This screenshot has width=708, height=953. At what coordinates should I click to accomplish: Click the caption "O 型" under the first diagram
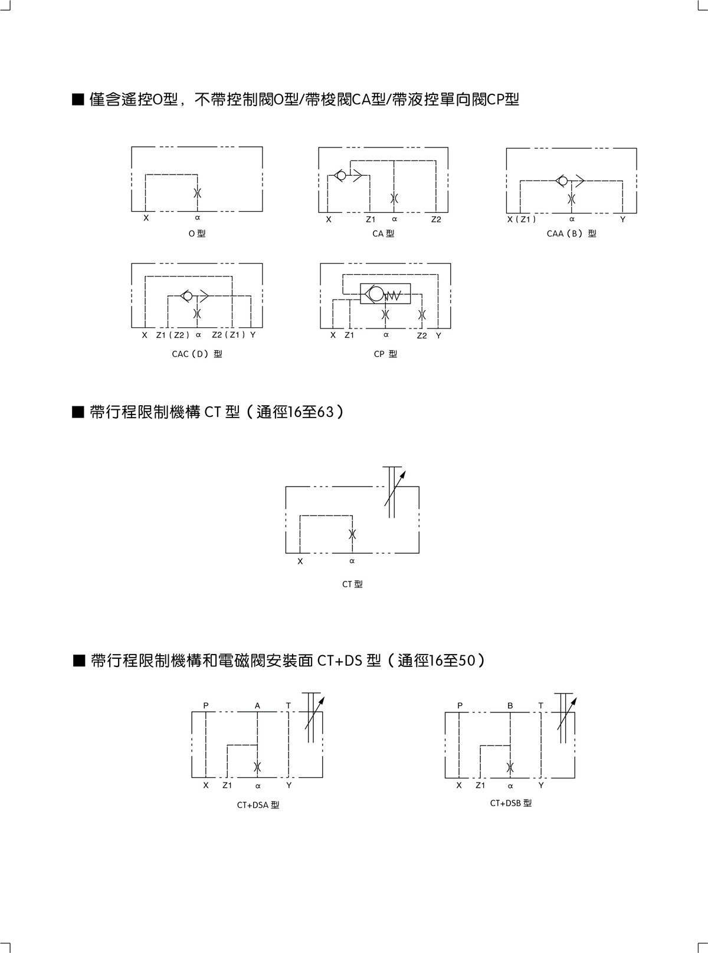(197, 234)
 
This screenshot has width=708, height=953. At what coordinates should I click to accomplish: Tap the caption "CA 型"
(383, 234)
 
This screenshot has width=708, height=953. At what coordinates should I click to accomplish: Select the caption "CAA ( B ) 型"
(571, 234)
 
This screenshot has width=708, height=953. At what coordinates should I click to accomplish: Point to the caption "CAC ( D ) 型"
(197, 354)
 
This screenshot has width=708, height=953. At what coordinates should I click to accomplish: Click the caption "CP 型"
(385, 354)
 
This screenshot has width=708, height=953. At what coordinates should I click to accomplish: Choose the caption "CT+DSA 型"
(258, 805)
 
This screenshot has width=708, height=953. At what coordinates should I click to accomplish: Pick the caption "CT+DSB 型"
(511, 803)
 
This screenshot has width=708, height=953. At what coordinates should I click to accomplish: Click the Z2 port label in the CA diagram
(436, 219)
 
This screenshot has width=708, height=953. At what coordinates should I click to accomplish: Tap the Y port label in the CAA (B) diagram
(622, 219)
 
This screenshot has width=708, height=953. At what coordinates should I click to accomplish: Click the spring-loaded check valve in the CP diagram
(385, 293)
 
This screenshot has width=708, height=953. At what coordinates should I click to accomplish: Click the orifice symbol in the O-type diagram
(198, 193)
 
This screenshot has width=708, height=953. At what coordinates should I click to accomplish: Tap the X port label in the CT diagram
(300, 561)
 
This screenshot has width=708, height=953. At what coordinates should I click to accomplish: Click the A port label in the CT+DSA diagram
(257, 705)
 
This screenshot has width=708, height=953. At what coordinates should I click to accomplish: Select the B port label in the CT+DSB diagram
(510, 705)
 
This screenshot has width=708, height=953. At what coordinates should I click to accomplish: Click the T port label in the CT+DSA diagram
(289, 705)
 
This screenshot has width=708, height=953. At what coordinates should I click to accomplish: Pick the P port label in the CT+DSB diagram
(460, 705)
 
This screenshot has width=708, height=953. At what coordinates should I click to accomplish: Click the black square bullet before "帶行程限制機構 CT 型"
(78, 412)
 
